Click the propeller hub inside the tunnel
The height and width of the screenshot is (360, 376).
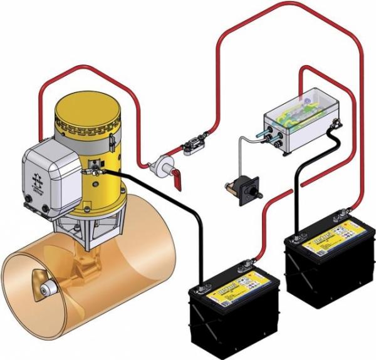46,290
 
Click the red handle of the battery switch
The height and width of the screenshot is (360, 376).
178,181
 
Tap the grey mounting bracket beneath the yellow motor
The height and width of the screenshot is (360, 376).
91,225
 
